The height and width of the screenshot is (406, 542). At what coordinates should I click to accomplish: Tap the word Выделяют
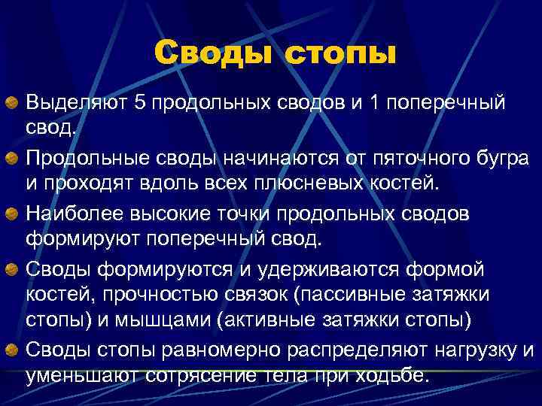pos(77,102)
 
